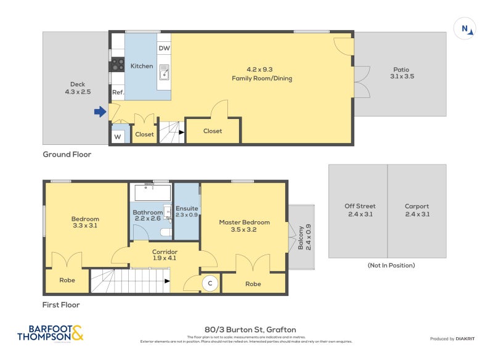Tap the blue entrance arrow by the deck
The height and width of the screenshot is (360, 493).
click(x=99, y=112)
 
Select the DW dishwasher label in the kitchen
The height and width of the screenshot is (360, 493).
click(x=164, y=48)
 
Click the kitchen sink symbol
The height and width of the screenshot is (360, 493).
click(x=165, y=72)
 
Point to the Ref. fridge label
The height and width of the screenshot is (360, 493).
click(x=118, y=92)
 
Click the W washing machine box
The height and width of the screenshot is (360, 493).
click(x=118, y=137)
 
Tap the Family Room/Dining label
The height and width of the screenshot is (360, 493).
click(x=261, y=74)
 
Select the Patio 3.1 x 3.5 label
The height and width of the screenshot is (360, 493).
click(x=401, y=73)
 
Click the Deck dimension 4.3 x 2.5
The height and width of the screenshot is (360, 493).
click(x=78, y=92)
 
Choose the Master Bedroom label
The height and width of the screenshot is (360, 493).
click(x=244, y=226)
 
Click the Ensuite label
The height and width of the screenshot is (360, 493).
click(x=187, y=211)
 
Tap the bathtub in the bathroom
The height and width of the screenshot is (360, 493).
click(x=152, y=192)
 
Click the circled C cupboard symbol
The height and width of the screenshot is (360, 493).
click(x=210, y=283)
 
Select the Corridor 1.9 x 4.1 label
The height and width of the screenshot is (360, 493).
click(x=165, y=255)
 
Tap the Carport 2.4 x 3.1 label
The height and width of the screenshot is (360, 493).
click(x=417, y=210)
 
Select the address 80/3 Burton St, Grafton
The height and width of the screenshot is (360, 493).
click(x=245, y=330)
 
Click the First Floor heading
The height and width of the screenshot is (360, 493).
click(x=61, y=305)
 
